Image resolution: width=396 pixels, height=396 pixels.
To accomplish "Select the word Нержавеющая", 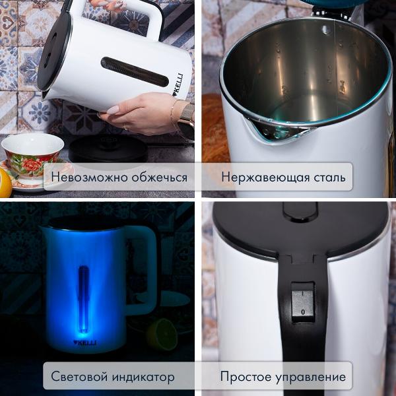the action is pyautogui.click(x=265, y=178).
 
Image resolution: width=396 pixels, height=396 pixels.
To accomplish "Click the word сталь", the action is pyautogui.click(x=330, y=178).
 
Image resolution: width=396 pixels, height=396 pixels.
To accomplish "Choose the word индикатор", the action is pyautogui.click(x=143, y=377).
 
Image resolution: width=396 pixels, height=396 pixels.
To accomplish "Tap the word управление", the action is pyautogui.click(x=310, y=377).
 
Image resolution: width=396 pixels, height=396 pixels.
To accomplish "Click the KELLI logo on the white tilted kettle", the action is pyautogui.click(x=179, y=84).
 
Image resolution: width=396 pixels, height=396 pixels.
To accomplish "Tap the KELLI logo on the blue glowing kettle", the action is pyautogui.click(x=85, y=343).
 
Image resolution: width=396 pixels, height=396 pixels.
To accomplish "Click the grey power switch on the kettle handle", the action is pyautogui.click(x=303, y=303).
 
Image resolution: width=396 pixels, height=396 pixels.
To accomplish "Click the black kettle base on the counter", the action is pyautogui.click(x=108, y=149).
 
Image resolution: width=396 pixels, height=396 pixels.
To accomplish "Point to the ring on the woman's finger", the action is pyautogui.click(x=125, y=126).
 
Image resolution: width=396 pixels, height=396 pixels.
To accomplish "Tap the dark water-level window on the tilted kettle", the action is pyautogui.click(x=135, y=72).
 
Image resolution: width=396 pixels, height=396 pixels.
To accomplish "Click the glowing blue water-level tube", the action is pyautogui.click(x=84, y=299).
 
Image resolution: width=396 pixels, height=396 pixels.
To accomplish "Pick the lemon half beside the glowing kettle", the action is pyautogui.click(x=162, y=335).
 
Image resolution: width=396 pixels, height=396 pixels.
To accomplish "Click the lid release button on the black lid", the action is pyautogui.click(x=300, y=212).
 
